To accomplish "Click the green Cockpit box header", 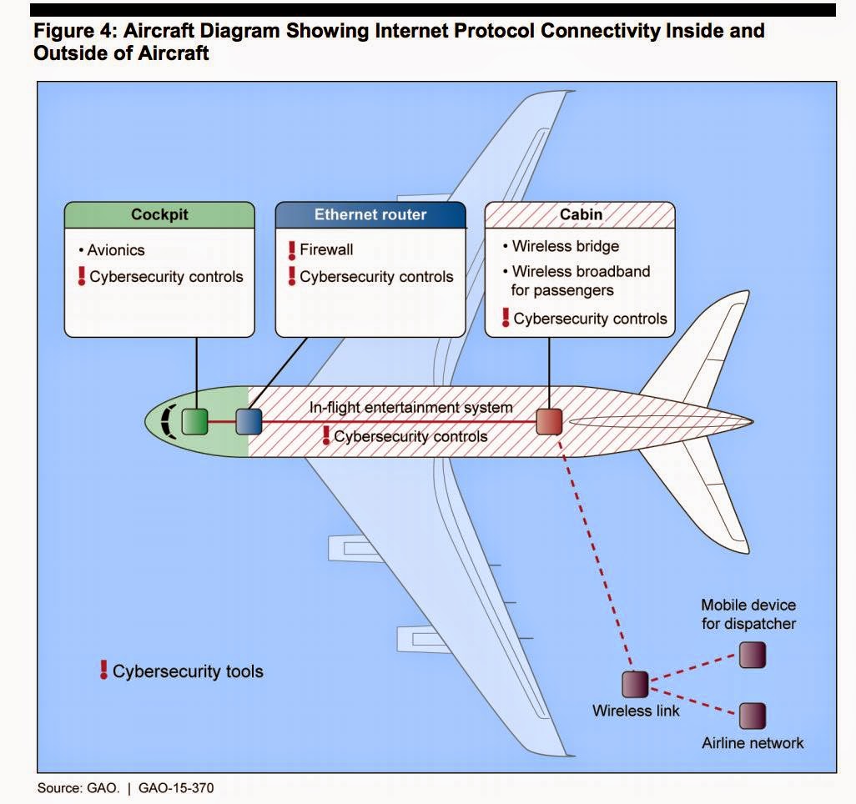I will point(159,214).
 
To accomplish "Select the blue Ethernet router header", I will point(370,214).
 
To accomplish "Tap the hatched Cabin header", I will point(580,214).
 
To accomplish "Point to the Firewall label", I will point(326,249).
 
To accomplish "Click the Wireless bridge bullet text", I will point(565,246).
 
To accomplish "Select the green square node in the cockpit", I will point(194,421).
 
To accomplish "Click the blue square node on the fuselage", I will point(249,421).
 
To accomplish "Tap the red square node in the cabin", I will point(548,421).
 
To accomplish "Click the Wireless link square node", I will point(635,684).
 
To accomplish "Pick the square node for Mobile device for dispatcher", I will point(752,655).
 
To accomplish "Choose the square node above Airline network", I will point(752,716).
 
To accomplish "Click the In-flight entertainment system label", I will point(410,408).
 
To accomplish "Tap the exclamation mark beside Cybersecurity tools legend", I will point(103,669).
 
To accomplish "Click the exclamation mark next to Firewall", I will point(292,249).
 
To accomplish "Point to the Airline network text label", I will point(753,742).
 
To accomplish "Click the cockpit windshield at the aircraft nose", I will point(169,421).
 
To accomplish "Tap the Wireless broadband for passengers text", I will point(580,280).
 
